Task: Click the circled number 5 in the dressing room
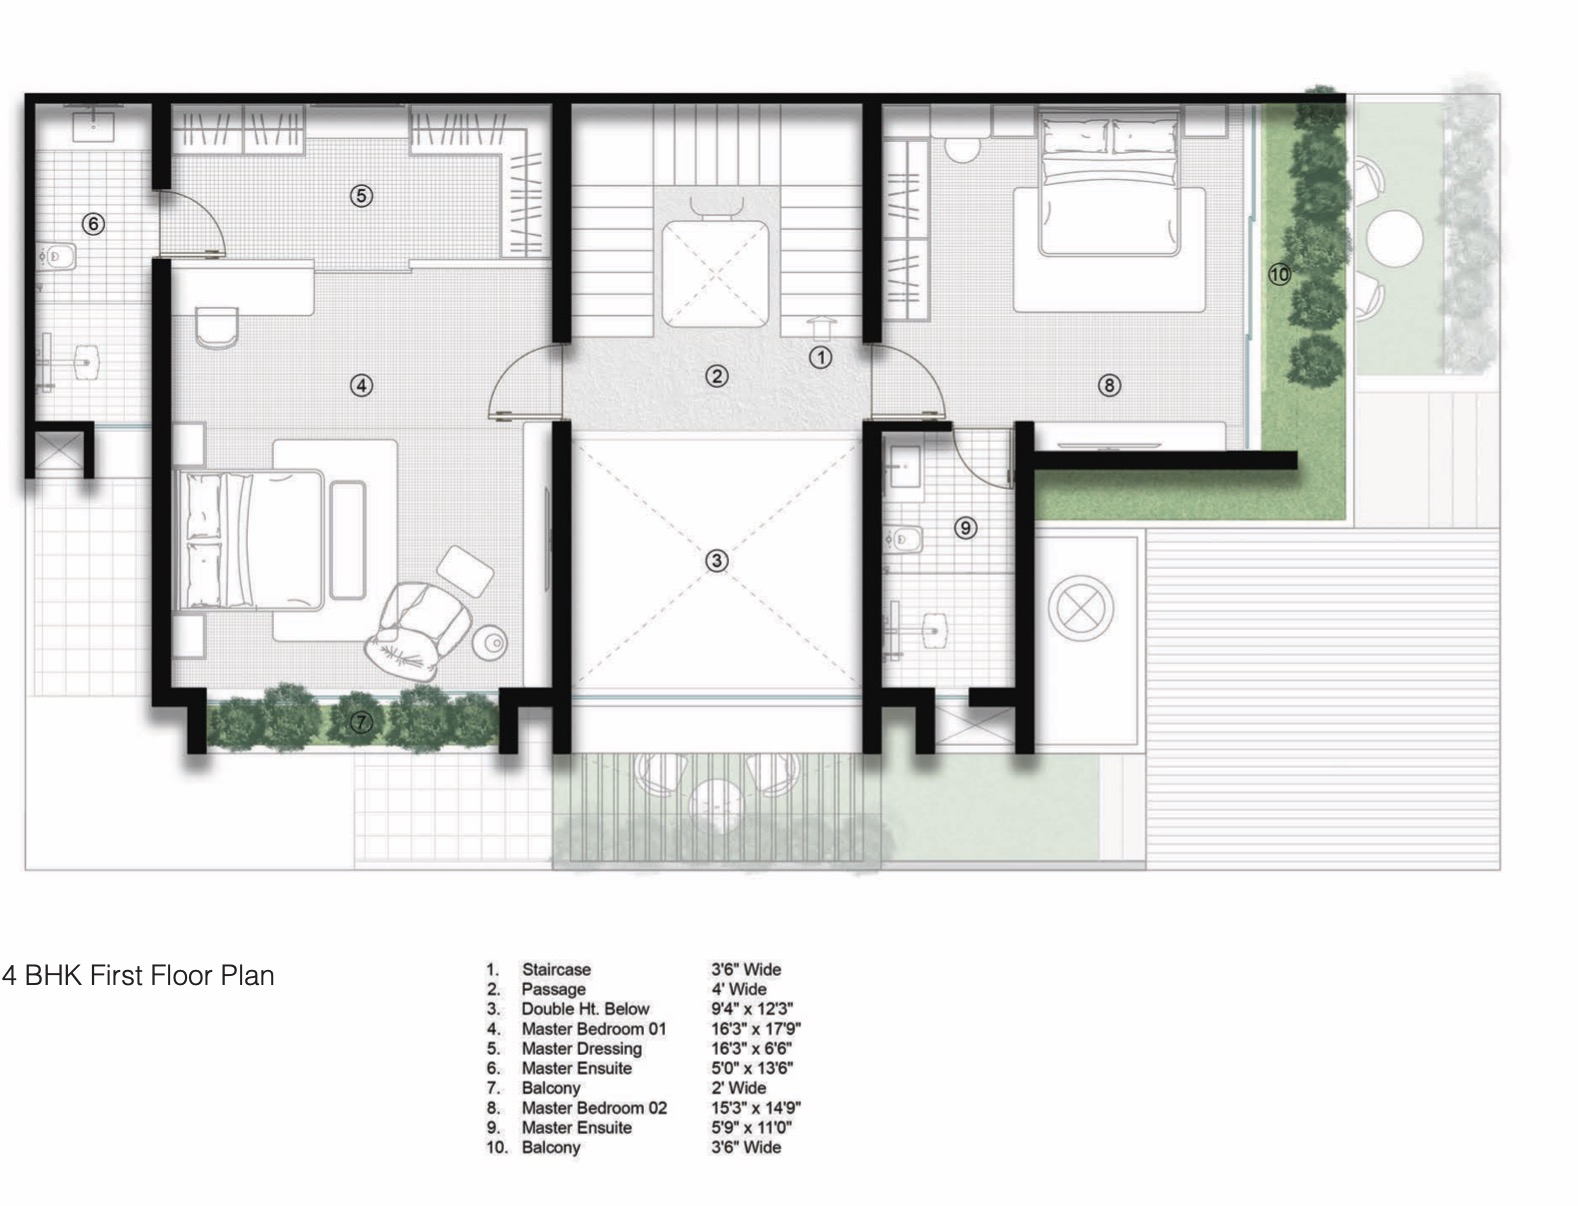[x=361, y=195]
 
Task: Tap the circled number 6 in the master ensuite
[x=93, y=224]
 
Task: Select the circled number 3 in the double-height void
[x=716, y=561]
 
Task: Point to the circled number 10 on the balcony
[x=1280, y=274]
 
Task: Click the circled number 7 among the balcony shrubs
[x=361, y=722]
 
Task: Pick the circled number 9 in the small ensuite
[x=965, y=528]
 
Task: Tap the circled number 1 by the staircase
[x=821, y=357]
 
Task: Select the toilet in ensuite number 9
[x=905, y=539]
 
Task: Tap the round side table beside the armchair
[x=490, y=643]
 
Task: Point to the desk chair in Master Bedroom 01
[x=216, y=328]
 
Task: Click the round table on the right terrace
[x=1395, y=239]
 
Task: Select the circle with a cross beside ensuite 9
[x=1081, y=608]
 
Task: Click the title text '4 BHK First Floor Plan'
[x=138, y=975]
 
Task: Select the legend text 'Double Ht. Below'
[x=585, y=1008]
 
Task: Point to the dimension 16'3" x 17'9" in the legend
[x=756, y=1028]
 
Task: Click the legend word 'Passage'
[x=554, y=989]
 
